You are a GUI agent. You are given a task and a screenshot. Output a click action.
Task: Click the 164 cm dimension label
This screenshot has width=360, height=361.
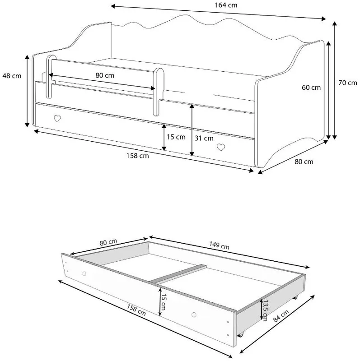tap(226, 5)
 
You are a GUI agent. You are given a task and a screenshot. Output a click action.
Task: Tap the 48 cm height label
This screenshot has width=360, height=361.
tap(12, 76)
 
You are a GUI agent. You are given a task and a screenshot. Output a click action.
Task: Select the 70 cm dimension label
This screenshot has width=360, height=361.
tap(347, 83)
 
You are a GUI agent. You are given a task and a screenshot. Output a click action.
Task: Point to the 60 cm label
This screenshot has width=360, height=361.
tap(311, 88)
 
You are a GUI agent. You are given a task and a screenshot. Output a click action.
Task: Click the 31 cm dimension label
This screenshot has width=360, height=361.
tap(204, 138)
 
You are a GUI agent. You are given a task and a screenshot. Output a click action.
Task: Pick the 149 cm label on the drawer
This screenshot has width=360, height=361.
tap(219, 245)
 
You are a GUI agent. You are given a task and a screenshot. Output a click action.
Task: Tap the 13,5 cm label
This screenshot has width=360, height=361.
tap(265, 310)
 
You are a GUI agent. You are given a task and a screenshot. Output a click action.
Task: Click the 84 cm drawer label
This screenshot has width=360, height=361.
tap(281, 316)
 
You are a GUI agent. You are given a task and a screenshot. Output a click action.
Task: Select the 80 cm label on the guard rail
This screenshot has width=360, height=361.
tap(105, 75)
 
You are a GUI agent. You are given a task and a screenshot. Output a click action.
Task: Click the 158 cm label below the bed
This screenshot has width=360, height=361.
tap(138, 156)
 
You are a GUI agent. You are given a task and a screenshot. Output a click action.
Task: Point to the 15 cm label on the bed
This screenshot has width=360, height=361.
tap(176, 137)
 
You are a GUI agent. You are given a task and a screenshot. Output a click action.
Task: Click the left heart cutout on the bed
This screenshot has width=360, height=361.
tap(57, 118)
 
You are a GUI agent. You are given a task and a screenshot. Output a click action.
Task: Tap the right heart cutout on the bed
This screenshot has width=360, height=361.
tap(221, 148)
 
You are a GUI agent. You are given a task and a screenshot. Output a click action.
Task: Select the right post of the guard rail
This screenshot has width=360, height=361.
tap(159, 92)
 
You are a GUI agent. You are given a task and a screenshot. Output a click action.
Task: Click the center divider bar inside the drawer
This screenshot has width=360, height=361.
tap(178, 274)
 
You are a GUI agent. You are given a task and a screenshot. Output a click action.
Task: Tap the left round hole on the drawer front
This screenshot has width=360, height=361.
tap(84, 273)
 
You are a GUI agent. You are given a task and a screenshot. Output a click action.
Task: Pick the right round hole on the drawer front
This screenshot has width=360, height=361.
tap(194, 315)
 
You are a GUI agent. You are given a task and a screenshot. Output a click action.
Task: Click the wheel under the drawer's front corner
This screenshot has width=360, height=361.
tap(241, 334)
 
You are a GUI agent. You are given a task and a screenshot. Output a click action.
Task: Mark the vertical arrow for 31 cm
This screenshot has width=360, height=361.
tap(192, 130)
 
